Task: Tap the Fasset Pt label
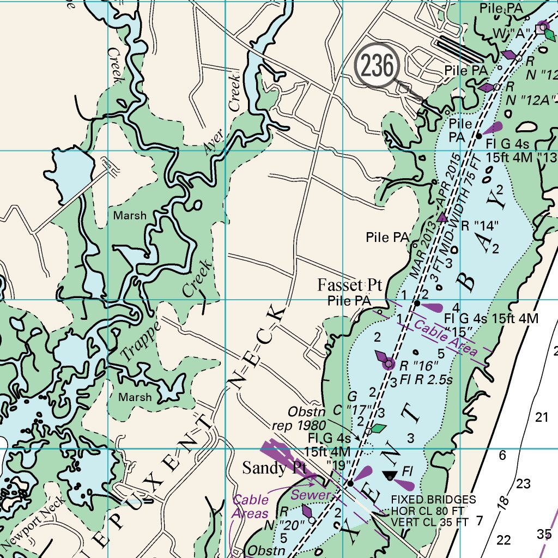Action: [x=350, y=286]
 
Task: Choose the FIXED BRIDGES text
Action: [x=434, y=500]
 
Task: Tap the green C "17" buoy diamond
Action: [x=378, y=428]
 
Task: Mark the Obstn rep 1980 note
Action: [x=307, y=418]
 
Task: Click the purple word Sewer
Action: [x=311, y=495]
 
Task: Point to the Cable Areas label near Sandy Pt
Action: [x=250, y=507]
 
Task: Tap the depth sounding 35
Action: [x=544, y=533]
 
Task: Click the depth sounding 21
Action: [x=541, y=417]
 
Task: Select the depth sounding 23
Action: [x=523, y=483]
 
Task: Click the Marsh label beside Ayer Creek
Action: [x=130, y=216]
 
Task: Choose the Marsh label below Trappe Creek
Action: [x=135, y=397]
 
